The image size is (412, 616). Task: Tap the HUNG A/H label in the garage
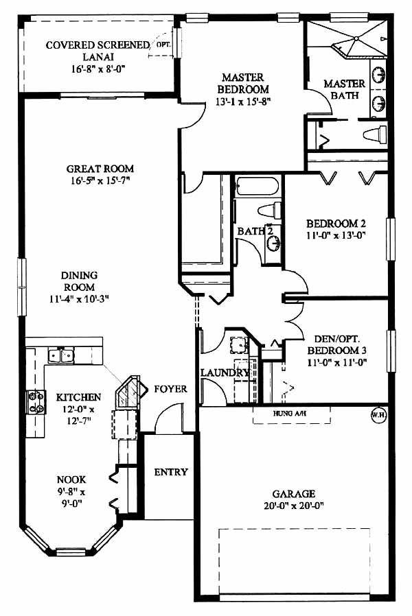click(x=290, y=413)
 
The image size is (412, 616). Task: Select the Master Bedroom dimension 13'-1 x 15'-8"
click(x=244, y=102)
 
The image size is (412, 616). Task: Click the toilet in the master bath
click(x=375, y=134)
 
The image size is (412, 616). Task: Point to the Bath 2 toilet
click(x=270, y=209)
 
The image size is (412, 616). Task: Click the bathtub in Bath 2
click(x=257, y=187)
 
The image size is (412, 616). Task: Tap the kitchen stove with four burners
click(x=36, y=402)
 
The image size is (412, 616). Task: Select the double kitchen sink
click(x=60, y=356)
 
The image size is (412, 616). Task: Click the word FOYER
click(x=170, y=389)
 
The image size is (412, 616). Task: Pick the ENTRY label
click(x=171, y=472)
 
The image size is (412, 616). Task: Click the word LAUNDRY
click(x=225, y=372)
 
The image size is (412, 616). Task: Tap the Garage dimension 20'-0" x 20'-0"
click(x=294, y=506)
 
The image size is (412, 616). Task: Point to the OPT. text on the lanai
click(x=163, y=45)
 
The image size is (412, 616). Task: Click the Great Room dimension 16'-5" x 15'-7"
click(x=100, y=180)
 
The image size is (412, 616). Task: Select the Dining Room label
click(x=80, y=281)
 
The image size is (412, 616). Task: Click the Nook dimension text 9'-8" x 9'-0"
click(x=71, y=497)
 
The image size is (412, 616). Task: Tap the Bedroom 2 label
click(x=336, y=224)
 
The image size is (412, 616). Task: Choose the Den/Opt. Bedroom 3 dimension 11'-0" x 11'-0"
click(x=337, y=362)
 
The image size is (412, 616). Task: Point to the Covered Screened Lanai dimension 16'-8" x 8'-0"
click(x=98, y=69)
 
